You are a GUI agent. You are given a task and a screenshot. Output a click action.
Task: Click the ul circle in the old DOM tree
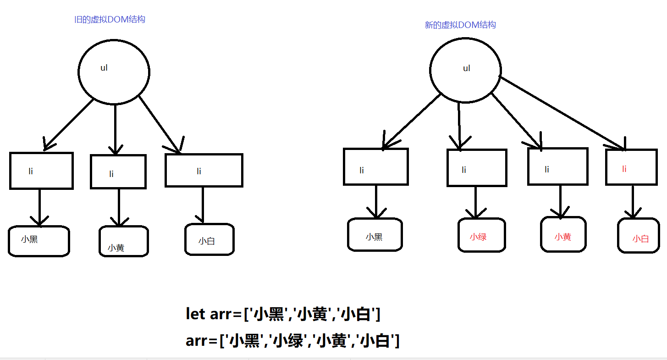pos(114,71)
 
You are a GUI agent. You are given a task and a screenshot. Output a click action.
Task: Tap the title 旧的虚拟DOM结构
pos(110,20)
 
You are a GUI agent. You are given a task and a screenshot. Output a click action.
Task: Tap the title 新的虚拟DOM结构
pos(460,25)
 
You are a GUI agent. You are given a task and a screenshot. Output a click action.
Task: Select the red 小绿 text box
pos(481,235)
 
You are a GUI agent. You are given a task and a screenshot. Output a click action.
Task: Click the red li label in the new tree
pos(624,169)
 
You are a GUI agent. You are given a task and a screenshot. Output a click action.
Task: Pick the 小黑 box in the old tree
pos(39,241)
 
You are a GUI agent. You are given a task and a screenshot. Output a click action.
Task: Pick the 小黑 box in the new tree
pos(375,234)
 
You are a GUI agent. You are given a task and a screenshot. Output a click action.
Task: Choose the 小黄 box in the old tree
pos(123,241)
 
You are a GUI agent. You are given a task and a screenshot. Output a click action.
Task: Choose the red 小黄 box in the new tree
pos(563,234)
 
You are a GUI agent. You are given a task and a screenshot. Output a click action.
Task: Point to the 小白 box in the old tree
pos(209,239)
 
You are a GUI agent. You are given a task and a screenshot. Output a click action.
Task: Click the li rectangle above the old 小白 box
pos(204,170)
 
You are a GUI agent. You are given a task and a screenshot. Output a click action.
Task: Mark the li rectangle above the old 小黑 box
pos(41,171)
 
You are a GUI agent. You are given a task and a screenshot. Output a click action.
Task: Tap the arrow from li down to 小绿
pos(475,202)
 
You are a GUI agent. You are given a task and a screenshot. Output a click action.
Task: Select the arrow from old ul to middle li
pos(115,128)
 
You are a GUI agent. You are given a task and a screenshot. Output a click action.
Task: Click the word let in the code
pos(195,314)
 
